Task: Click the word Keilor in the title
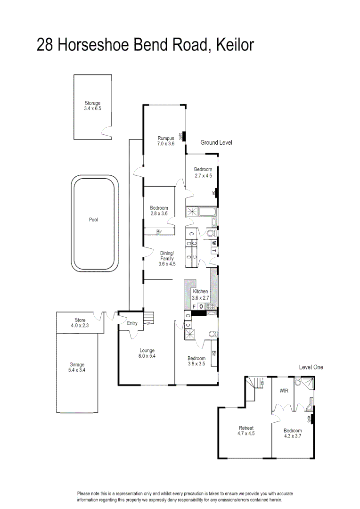click(x=234, y=45)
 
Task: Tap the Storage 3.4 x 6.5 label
click(x=92, y=106)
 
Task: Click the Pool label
click(x=93, y=219)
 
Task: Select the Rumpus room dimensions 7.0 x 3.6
click(x=166, y=144)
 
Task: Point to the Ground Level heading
click(x=216, y=142)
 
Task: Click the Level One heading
click(x=311, y=367)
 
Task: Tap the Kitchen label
click(x=200, y=292)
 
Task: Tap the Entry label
click(x=132, y=323)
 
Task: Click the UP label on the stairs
click(x=147, y=323)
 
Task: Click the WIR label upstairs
click(x=283, y=390)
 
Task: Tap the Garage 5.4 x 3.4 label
click(x=77, y=367)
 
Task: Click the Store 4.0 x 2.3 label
click(x=80, y=323)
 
